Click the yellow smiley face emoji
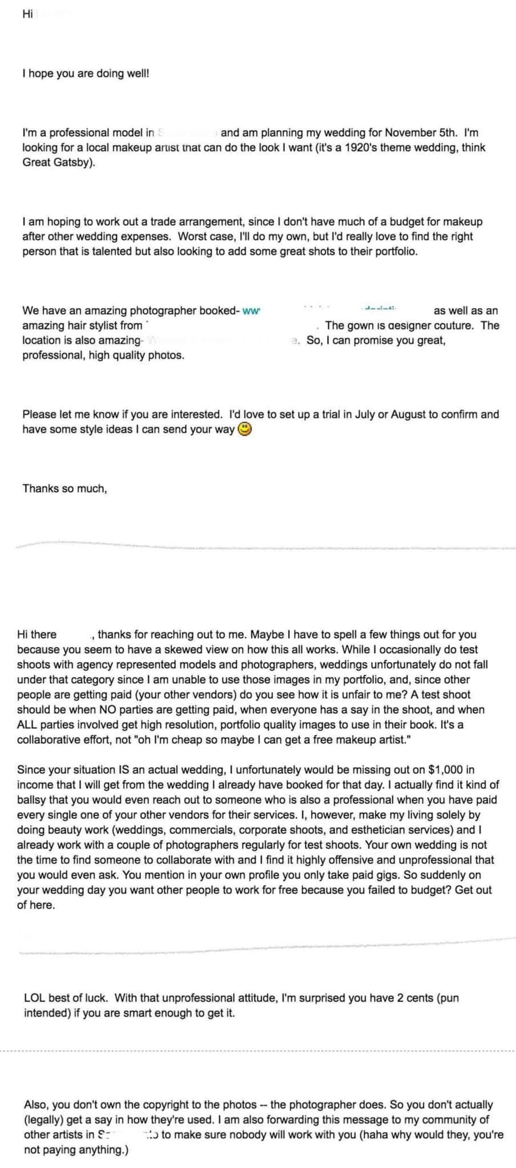pos(244,429)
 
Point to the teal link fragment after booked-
pos(251,311)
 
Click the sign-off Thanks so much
pos(64,489)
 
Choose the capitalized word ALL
pos(29,725)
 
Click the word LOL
pos(34,998)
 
